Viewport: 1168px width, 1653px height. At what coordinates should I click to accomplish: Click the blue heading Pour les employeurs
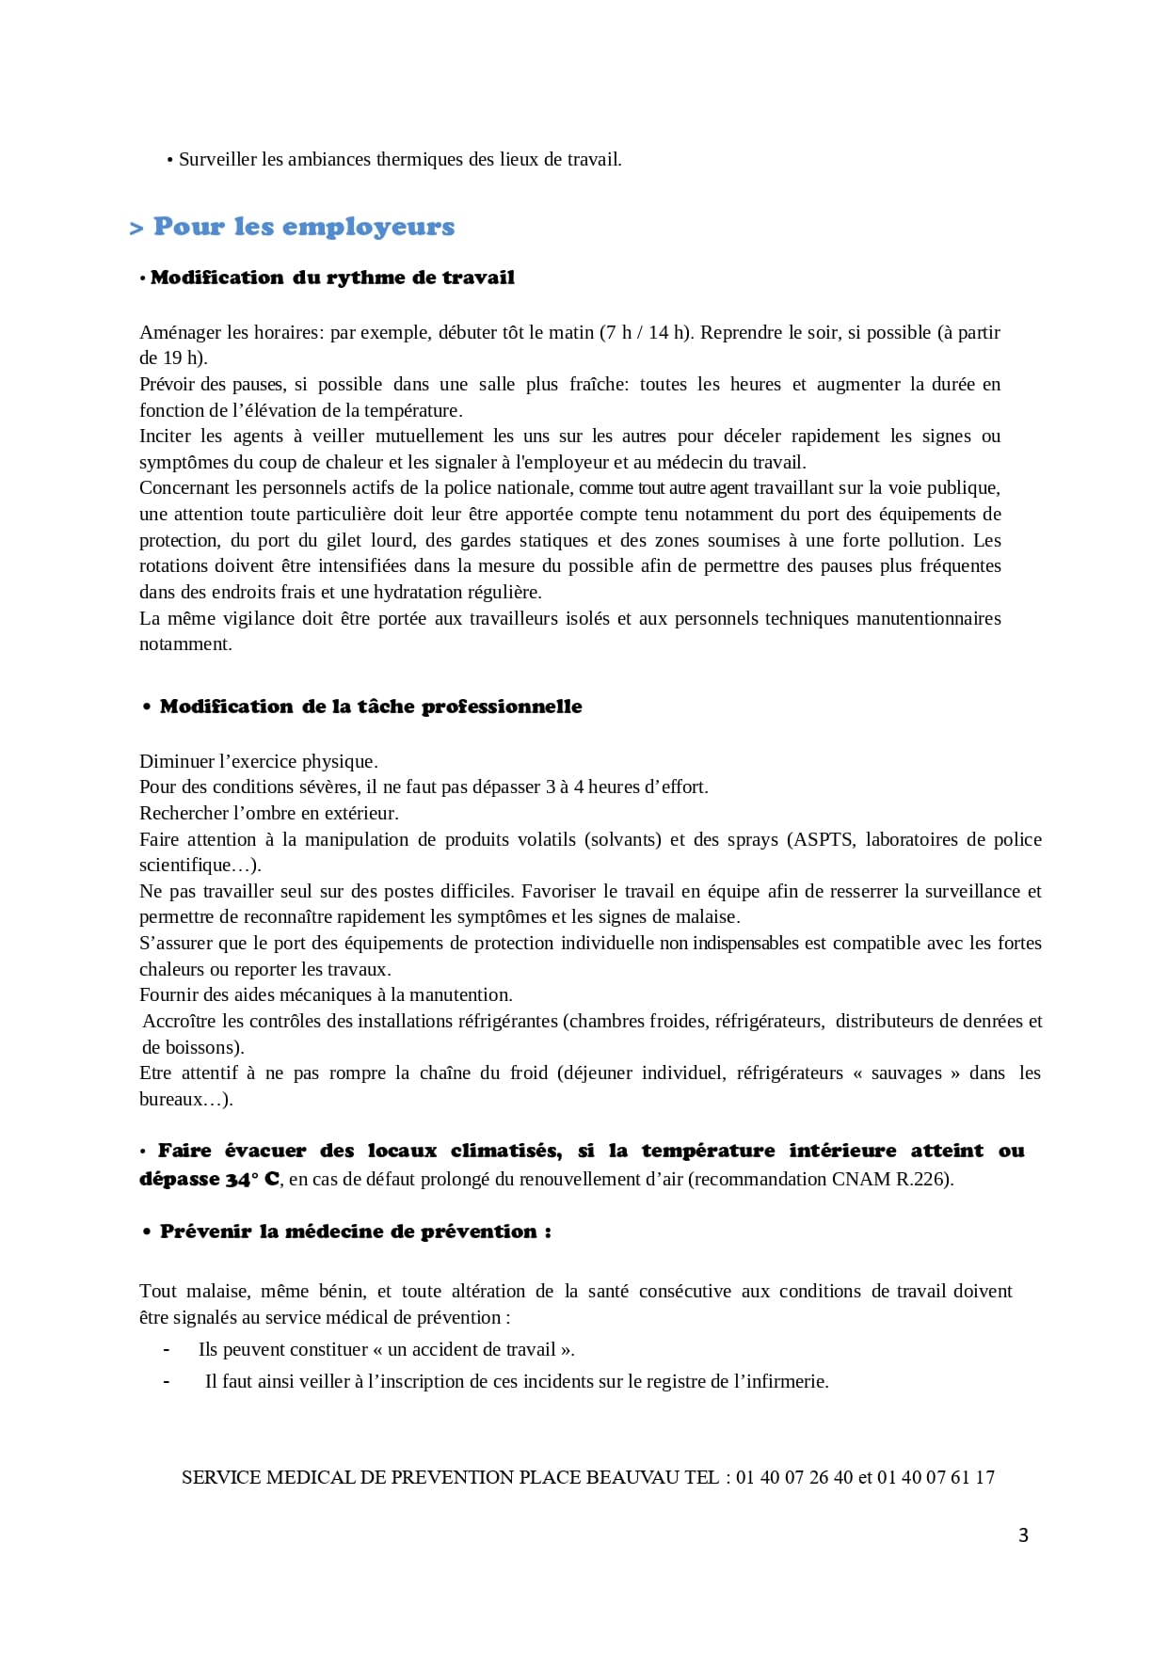(x=303, y=227)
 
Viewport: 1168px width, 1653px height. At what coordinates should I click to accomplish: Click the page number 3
(x=1023, y=1535)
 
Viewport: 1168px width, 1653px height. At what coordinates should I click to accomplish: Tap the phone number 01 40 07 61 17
(x=936, y=1477)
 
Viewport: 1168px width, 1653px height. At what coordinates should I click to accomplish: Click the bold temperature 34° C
(x=251, y=1179)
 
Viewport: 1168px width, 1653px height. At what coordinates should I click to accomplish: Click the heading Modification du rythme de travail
(x=332, y=278)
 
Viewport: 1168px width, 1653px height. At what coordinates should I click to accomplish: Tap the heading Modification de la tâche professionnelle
(x=371, y=707)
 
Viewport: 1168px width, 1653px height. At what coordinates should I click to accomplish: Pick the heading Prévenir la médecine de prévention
(x=355, y=1232)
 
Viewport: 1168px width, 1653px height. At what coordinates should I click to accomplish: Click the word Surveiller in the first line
(x=217, y=159)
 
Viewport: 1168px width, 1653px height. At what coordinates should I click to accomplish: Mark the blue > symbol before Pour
(x=136, y=229)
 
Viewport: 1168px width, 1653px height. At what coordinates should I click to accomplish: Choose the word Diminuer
(x=176, y=761)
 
